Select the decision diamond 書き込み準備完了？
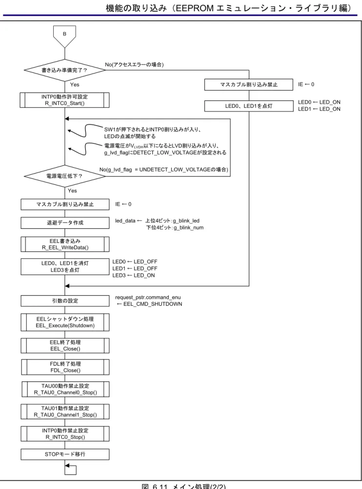pos(65,70)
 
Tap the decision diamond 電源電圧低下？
pos(65,176)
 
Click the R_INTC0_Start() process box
pos(65,100)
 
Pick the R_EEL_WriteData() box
pos(65,244)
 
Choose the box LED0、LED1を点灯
pos(249,106)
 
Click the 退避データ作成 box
pos(65,223)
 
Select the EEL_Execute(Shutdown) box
pos(65,322)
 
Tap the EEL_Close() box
pos(65,345)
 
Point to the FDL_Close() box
pos(65,367)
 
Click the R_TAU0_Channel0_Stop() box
pos(65,389)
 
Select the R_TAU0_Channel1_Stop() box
pos(65,412)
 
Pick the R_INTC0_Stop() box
pos(65,434)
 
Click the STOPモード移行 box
pos(65,454)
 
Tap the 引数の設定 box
pos(65,301)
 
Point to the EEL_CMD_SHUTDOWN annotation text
pos(153,304)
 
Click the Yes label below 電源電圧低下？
pos(73,190)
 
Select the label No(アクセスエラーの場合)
pos(134,65)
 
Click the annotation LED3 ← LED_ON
pos(134,275)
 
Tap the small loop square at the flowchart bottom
pos(71,469)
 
